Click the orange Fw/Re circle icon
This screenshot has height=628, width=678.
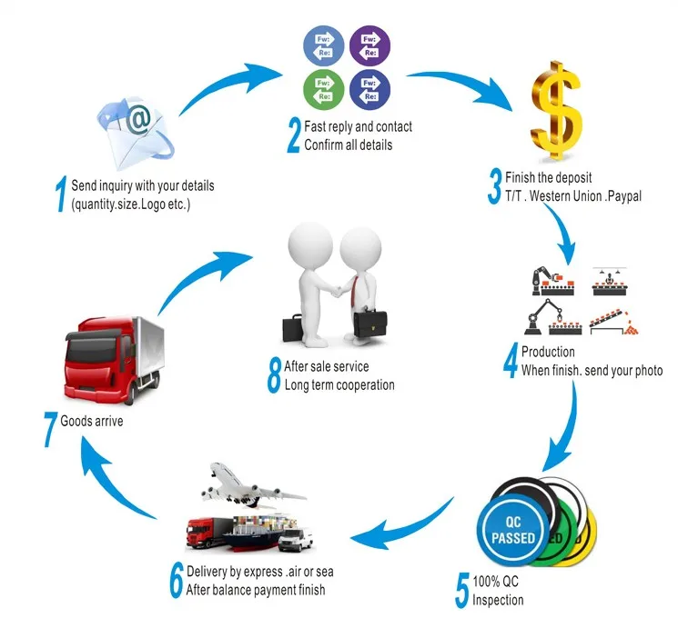(322, 45)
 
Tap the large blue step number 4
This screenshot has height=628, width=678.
(511, 361)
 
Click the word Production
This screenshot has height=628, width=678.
(548, 352)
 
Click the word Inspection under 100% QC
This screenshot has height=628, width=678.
(499, 599)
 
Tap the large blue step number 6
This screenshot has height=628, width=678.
(176, 581)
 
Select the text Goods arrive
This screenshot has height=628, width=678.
(92, 422)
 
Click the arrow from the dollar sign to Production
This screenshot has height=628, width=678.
(569, 236)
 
